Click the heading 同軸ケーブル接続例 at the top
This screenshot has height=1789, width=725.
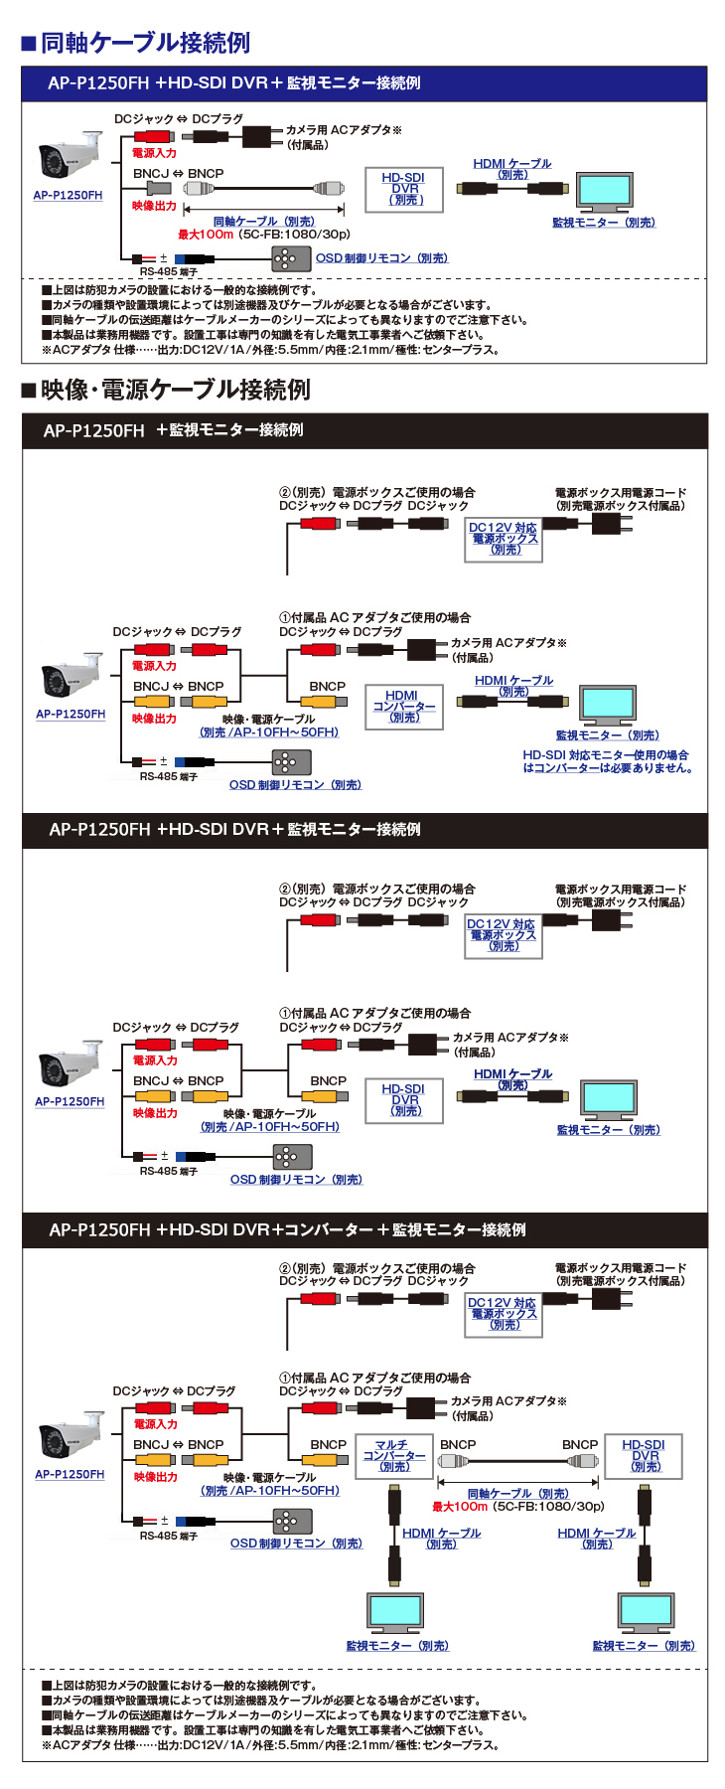[145, 43]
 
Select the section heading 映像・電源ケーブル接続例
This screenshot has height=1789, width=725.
[175, 390]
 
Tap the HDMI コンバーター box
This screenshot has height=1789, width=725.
[402, 706]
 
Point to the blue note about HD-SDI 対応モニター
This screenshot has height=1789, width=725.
[607, 761]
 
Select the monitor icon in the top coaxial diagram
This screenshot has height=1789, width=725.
[604, 193]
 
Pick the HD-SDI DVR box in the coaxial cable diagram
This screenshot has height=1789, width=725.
[405, 189]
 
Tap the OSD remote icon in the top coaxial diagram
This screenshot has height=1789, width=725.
[285, 258]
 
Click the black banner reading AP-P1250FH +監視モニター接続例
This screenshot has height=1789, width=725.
[174, 430]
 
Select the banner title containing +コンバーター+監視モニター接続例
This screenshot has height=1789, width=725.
[288, 1229]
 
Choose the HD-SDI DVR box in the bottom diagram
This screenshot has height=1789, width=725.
[644, 1456]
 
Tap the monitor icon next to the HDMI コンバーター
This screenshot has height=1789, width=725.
[607, 705]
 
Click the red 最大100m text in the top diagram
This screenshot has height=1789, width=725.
[206, 235]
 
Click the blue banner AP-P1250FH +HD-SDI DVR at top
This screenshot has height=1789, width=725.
[234, 83]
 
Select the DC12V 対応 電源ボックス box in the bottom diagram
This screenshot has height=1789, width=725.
[503, 1314]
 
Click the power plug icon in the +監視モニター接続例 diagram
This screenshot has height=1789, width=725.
[607, 522]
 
